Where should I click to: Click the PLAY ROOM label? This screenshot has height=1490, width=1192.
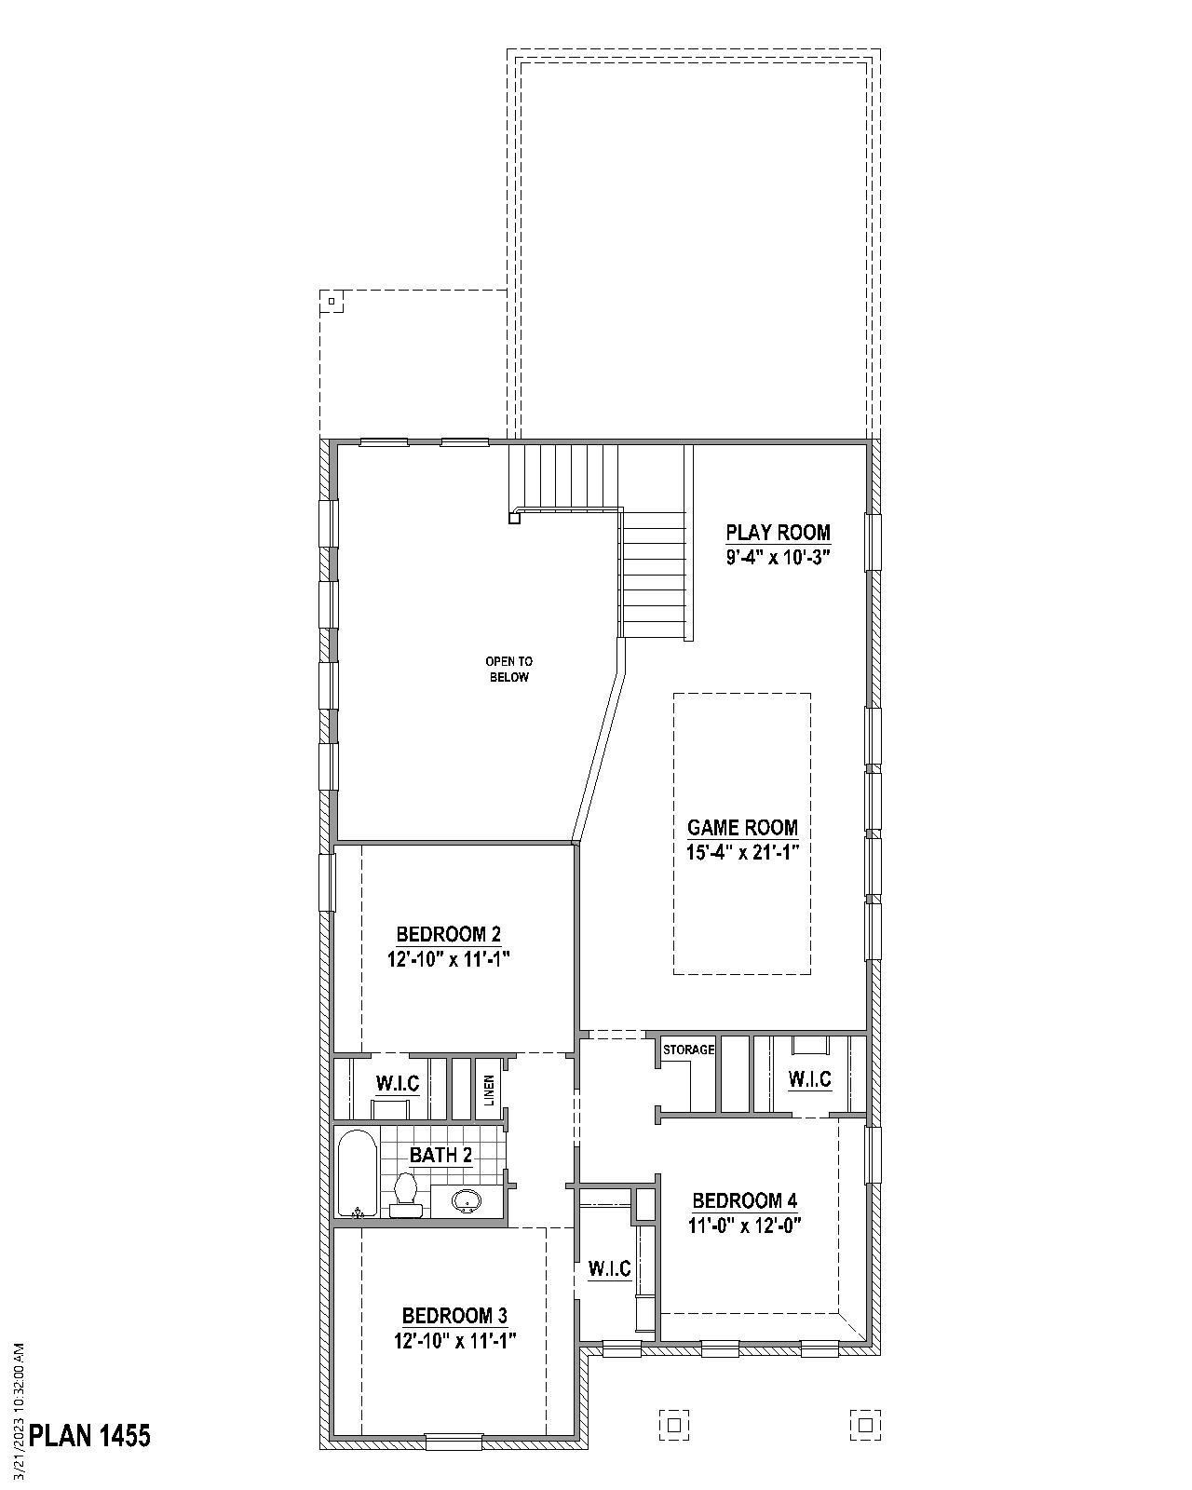[778, 533]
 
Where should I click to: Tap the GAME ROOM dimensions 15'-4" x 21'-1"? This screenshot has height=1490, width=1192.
[742, 852]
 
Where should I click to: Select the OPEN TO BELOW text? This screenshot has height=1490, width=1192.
[508, 670]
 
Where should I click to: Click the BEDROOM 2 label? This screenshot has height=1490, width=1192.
[449, 934]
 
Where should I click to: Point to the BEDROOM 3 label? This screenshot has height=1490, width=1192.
[454, 1316]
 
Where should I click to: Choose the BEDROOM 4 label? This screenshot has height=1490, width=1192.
[745, 1200]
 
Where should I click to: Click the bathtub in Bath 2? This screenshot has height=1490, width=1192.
[358, 1173]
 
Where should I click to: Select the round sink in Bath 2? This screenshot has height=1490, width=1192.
[467, 1202]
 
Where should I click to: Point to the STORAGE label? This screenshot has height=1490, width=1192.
[688, 1050]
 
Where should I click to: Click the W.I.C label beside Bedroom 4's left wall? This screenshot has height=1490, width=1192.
[609, 1268]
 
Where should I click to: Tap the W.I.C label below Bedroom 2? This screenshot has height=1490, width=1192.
[398, 1083]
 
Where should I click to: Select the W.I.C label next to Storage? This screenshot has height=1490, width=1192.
[809, 1079]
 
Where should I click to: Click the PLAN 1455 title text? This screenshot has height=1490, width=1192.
[89, 1435]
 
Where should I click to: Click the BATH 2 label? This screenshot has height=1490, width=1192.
[440, 1156]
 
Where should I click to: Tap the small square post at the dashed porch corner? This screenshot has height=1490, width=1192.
[332, 301]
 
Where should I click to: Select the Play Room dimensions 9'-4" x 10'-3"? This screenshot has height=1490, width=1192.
[778, 558]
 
